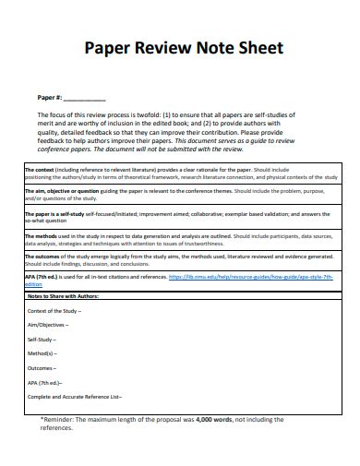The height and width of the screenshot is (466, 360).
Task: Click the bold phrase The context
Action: [x=40, y=170]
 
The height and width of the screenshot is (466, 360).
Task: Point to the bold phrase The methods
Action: [x=41, y=236]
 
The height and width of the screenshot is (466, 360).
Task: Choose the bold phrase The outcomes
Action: [x=42, y=257]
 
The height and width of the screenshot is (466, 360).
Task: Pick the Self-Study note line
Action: [x=43, y=339]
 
